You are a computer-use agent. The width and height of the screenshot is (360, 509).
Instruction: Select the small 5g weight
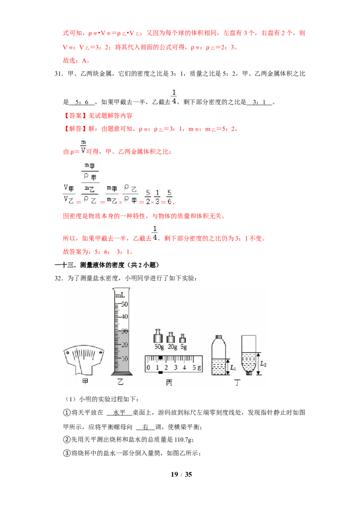(x=183, y=339)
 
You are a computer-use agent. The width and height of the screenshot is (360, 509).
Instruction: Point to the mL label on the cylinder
(x=120, y=295)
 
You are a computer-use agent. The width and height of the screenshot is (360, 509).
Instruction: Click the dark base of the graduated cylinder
(x=120, y=373)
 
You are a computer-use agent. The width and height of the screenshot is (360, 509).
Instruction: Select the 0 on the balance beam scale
(x=148, y=368)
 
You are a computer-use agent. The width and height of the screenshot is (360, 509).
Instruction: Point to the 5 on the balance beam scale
(x=194, y=368)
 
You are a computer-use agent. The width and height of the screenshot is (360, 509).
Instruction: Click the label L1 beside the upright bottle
(x=233, y=368)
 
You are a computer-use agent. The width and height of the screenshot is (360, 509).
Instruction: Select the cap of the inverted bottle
(x=248, y=372)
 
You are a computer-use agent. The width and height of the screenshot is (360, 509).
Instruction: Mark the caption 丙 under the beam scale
(x=169, y=383)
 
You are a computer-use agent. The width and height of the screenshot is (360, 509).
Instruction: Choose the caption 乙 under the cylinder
(x=121, y=383)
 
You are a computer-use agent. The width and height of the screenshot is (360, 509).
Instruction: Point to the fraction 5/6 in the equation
(x=169, y=197)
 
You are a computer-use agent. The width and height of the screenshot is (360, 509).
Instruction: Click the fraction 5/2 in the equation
(x=148, y=197)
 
